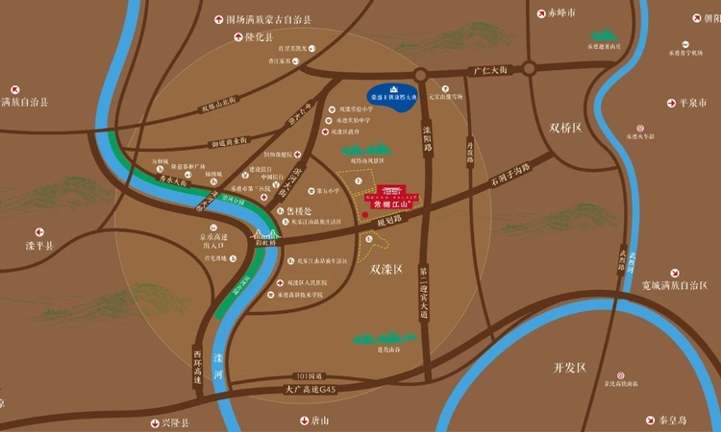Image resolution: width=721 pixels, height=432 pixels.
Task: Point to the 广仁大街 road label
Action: point(489,69)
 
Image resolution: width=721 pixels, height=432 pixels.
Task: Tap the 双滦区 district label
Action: point(385,271)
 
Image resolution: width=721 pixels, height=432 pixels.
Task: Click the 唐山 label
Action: point(320,420)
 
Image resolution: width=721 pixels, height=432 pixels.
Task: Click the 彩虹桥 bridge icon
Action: point(265,233)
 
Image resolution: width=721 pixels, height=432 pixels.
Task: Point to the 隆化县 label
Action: point(259,36)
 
